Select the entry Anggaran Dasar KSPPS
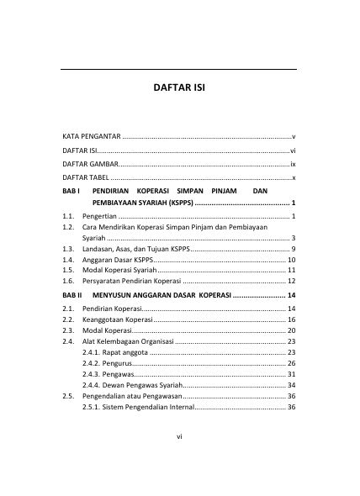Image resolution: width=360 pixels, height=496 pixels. (x=119, y=261)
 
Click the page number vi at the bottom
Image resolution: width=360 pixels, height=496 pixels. (x=180, y=459)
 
